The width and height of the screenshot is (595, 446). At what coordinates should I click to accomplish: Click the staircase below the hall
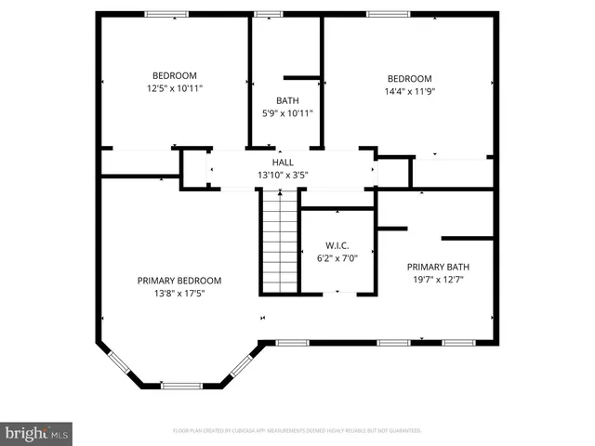[x=277, y=239]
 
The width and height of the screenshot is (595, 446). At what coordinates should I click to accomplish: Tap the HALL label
[x=283, y=163]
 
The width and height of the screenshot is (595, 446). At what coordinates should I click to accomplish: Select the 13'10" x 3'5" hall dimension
[x=283, y=174]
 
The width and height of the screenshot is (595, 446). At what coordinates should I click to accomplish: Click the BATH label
[x=287, y=100]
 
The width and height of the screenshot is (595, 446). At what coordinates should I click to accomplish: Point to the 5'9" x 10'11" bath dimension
[x=287, y=112]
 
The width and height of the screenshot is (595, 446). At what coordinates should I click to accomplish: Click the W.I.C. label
[x=337, y=246]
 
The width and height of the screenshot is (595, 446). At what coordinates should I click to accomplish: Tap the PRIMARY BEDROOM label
[x=179, y=281]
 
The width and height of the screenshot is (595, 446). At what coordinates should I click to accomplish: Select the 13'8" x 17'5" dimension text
[x=179, y=293]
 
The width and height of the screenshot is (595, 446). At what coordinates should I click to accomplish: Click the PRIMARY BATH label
[x=437, y=265]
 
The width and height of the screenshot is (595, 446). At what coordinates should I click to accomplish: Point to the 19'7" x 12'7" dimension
[x=437, y=277]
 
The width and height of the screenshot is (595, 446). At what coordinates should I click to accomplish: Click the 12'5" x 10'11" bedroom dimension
[x=174, y=88]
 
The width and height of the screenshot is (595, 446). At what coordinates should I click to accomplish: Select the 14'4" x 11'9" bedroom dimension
[x=409, y=91]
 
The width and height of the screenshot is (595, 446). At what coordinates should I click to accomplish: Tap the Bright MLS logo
[x=37, y=432]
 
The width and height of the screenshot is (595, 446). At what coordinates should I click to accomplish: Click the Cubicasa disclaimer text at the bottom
[x=297, y=431]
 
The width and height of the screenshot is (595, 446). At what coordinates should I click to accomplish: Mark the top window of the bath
[x=269, y=14]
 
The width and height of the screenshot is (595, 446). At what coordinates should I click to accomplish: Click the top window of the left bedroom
[x=165, y=14]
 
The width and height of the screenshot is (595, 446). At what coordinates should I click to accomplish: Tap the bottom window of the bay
[x=182, y=385]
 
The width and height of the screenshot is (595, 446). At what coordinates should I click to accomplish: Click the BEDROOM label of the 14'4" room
[x=409, y=78]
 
